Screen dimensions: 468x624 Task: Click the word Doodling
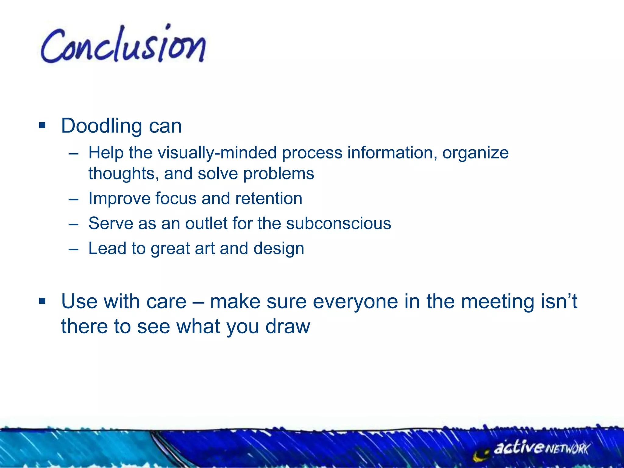point(101,126)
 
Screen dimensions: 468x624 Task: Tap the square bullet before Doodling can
point(42,125)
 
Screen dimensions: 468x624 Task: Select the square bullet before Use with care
point(42,301)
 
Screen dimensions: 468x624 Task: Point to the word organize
point(475,153)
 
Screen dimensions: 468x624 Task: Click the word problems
point(278,174)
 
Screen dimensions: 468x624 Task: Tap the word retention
point(269,198)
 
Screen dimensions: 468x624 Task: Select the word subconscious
point(339,223)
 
